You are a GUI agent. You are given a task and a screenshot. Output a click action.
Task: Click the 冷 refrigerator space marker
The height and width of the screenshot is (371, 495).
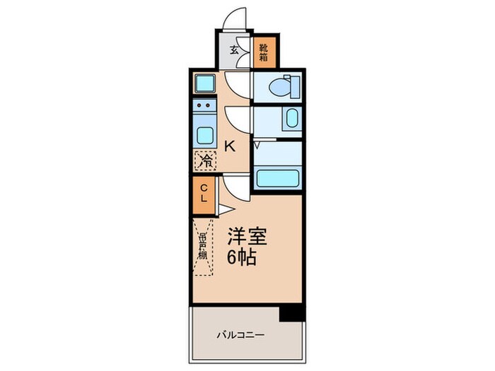(205, 161)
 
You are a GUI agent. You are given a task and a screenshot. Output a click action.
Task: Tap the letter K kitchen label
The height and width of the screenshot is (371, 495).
(231, 146)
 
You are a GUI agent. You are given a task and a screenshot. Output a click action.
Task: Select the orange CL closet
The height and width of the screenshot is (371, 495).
(204, 193)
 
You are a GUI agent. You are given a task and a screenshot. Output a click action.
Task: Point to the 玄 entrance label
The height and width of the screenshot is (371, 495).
(234, 50)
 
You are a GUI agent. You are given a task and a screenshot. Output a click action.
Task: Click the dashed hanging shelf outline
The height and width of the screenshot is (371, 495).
(202, 247)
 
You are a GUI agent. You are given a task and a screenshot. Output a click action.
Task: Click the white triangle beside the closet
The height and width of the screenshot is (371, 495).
(223, 210)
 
